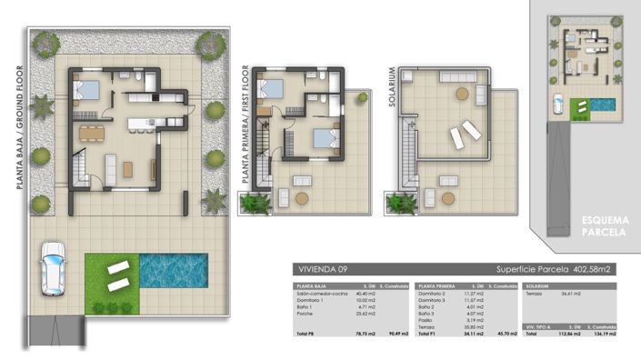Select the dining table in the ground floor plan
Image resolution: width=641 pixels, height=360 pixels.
point(92,134)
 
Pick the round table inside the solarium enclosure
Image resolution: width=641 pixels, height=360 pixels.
point(462,94)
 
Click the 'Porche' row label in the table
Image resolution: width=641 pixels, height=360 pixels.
point(304,314)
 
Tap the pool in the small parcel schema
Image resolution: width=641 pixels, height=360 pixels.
point(603,105)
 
